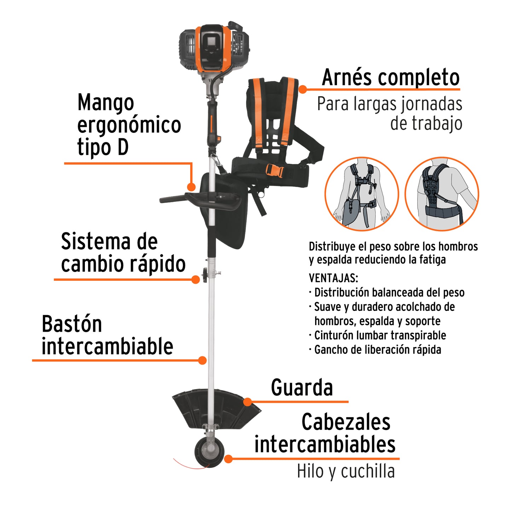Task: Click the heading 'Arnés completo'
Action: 390,77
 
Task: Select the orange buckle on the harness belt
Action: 274,170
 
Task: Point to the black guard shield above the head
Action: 216,407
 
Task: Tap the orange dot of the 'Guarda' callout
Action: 248,402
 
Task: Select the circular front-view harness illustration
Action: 362,194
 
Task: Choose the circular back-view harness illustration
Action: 442,194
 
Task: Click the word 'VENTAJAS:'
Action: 333,278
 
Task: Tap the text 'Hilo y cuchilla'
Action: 345,471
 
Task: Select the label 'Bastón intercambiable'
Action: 107,335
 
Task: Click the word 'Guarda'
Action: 302,388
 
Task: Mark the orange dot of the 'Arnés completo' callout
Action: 302,89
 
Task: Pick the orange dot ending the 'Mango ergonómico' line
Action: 191,187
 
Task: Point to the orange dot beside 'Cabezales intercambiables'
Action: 228,459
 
